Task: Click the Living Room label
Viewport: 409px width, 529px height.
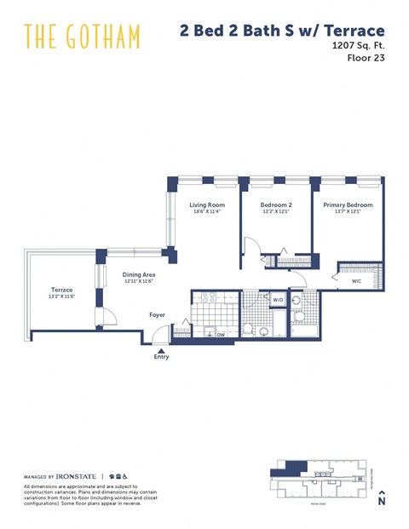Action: (206, 205)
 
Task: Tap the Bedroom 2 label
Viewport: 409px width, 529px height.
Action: (275, 205)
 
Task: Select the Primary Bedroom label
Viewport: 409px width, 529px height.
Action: (348, 205)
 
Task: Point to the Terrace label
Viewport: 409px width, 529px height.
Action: (61, 290)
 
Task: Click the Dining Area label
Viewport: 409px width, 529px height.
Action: (138, 274)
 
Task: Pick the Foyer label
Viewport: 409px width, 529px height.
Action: (157, 314)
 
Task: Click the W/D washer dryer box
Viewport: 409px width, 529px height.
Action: (278, 300)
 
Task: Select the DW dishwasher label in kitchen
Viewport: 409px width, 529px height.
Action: (221, 336)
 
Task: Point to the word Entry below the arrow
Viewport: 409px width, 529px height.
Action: (161, 357)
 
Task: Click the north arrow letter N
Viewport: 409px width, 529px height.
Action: (382, 502)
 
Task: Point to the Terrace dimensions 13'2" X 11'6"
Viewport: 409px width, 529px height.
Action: (61, 296)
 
